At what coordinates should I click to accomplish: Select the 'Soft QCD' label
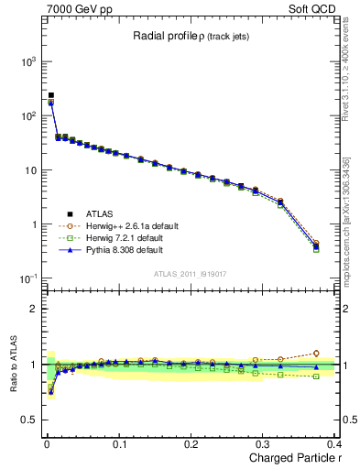324,8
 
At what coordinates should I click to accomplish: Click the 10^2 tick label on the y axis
27,116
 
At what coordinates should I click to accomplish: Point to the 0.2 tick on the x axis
191,444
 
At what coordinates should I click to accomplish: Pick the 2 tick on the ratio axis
33,309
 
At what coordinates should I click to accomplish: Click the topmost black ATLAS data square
51,95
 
